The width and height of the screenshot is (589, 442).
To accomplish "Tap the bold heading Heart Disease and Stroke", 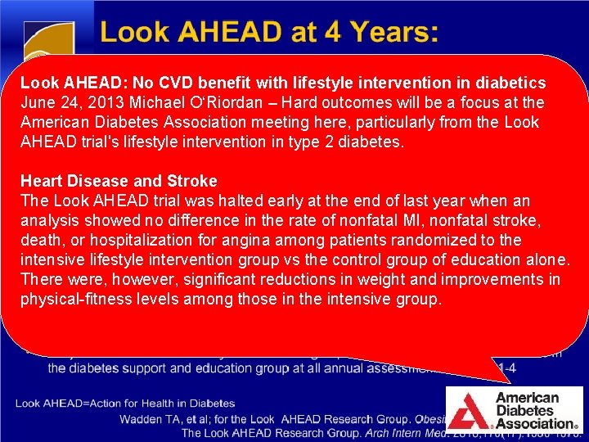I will point(119,181).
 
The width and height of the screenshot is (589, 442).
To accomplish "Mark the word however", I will point(124,279).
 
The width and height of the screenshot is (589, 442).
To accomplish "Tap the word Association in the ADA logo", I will point(536,423).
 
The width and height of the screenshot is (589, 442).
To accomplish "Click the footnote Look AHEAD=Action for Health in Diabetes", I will point(124,404).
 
